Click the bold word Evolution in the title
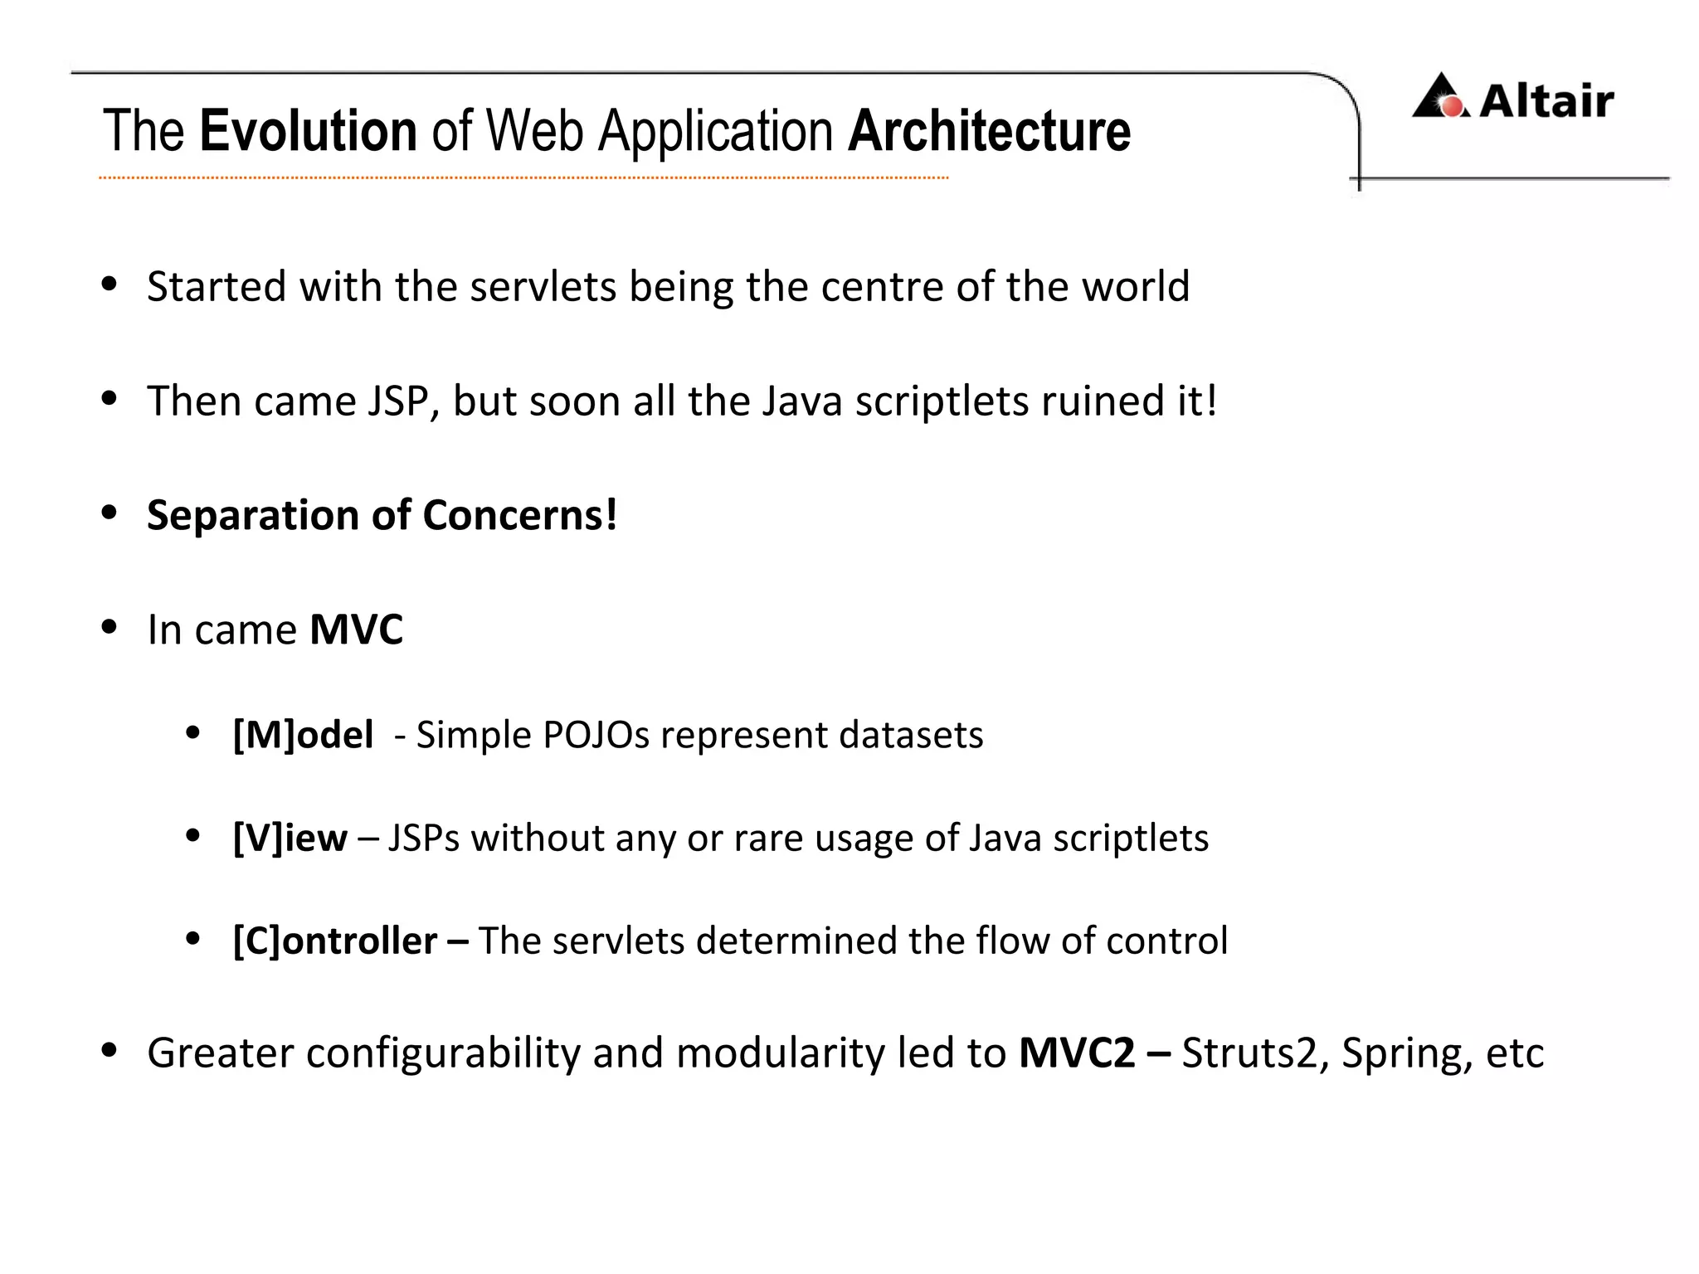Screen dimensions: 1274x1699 pos(308,131)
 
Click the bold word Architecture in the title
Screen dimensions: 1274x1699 pos(989,131)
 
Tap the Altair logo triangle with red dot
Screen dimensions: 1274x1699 pos(1442,97)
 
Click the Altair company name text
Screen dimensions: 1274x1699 pos(1546,101)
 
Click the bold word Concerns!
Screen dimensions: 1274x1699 pos(520,515)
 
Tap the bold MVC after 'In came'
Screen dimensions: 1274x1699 pos(356,630)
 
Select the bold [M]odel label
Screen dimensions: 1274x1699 pos(303,735)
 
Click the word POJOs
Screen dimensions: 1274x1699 pos(596,735)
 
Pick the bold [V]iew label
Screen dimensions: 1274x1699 pos(290,838)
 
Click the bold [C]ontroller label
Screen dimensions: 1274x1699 pos(335,941)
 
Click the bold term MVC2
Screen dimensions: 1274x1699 pos(1076,1053)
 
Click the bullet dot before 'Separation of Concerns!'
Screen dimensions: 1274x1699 pos(109,513)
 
